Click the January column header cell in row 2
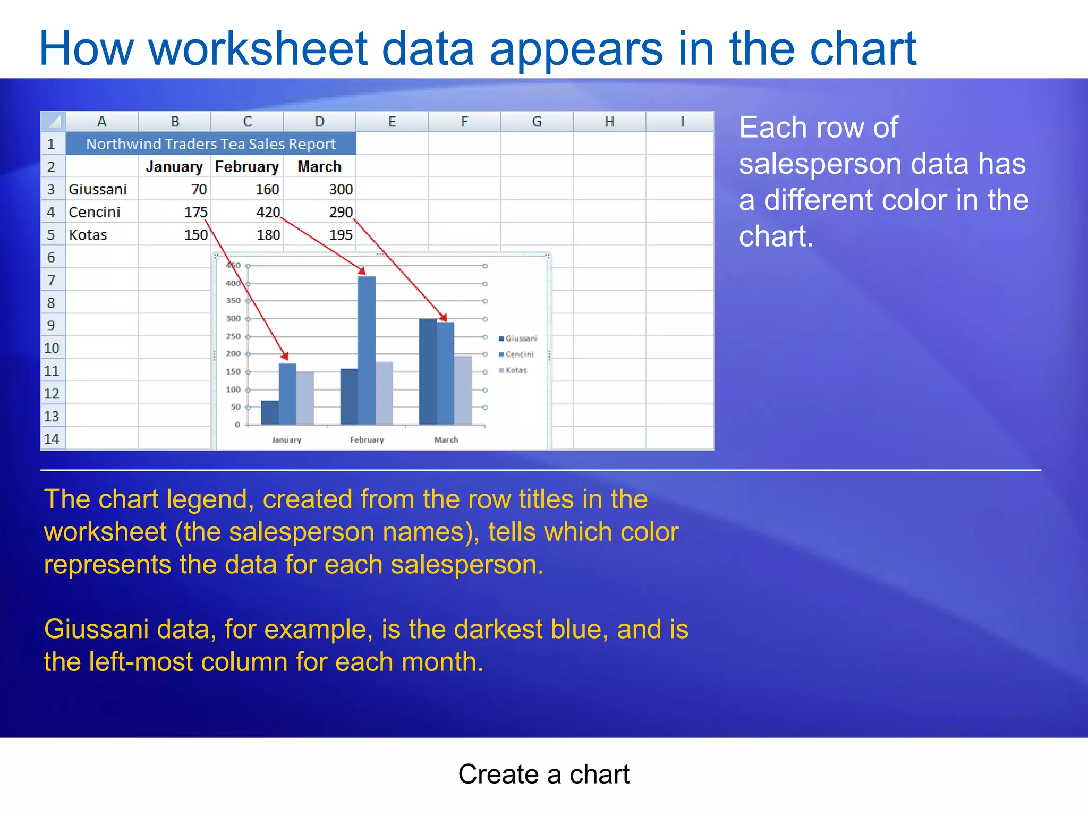(174, 167)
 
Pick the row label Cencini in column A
(95, 212)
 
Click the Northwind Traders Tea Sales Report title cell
(211, 144)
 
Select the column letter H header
(609, 122)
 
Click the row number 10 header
(52, 348)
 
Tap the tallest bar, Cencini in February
(367, 351)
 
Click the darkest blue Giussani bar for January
(270, 413)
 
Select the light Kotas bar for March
(463, 390)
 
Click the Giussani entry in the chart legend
(518, 338)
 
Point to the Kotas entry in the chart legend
(513, 370)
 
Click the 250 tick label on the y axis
(233, 336)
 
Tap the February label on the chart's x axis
(367, 440)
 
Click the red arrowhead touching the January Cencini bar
(285, 356)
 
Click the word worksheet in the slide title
(258, 49)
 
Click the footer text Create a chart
(543, 774)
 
